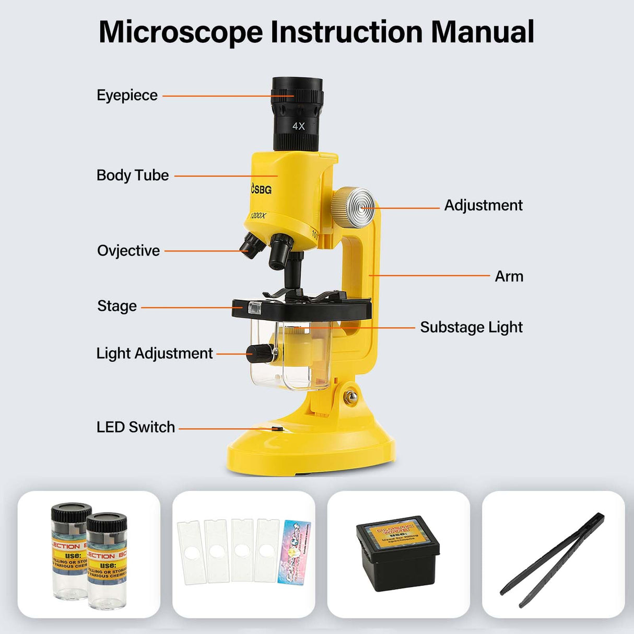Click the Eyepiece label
(x=127, y=96)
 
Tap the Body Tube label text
(x=133, y=175)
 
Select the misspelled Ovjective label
(x=128, y=251)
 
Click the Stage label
(x=117, y=306)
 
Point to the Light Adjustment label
(x=155, y=354)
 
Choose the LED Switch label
(x=136, y=427)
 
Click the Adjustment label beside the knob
(x=483, y=205)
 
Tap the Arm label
(x=509, y=276)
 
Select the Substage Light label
(x=471, y=327)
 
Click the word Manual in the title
(x=482, y=32)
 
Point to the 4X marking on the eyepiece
(x=298, y=126)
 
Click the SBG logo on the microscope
(x=261, y=189)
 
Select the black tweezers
(x=553, y=559)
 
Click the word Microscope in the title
(x=181, y=32)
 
